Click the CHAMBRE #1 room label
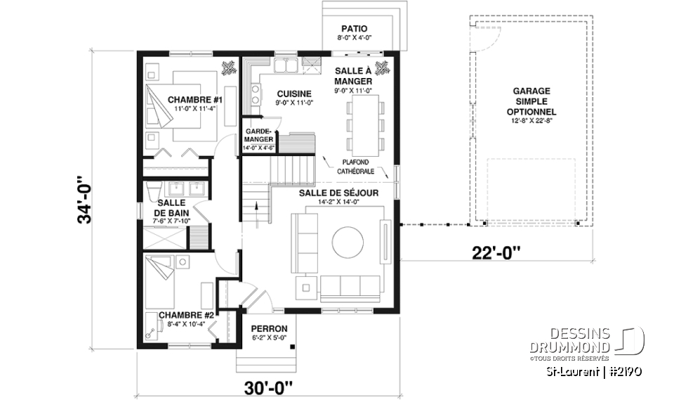194,100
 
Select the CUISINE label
294,94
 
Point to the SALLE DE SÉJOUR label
338,193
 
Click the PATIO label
354,29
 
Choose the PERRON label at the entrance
269,329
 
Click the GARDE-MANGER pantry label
259,135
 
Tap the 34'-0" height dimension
86,200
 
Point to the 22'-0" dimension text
496,253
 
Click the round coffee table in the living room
348,243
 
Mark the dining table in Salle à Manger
365,125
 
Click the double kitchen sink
286,66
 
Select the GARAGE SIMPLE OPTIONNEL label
531,101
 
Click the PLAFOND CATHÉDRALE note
355,167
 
